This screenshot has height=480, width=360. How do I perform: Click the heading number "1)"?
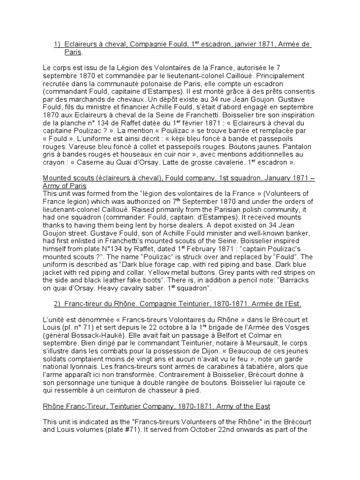click(x=58, y=44)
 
